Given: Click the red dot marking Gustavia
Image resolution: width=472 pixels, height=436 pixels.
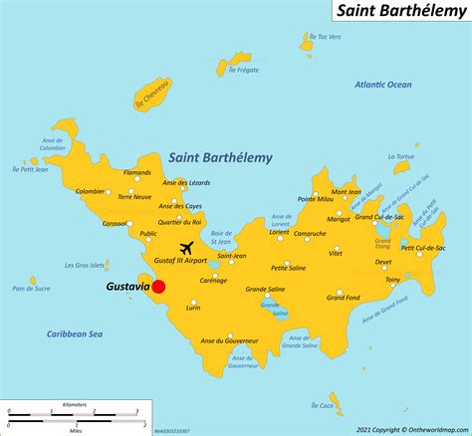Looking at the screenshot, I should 158,287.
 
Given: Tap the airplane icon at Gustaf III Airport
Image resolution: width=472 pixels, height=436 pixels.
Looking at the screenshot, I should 186,247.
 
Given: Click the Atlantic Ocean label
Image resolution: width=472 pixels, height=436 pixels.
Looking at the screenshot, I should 383,85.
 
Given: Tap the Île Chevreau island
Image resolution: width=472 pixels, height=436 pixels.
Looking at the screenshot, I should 154,90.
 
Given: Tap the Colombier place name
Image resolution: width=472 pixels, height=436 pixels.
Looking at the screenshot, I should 90,191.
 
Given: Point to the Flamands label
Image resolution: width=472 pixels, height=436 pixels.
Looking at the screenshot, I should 136,172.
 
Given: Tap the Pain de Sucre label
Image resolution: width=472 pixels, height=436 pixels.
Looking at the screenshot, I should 31,289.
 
